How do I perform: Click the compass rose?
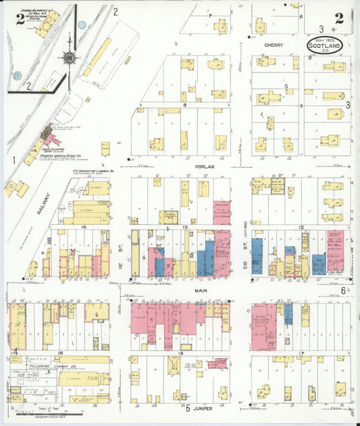coord(70,57)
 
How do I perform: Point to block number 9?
coord(301,106)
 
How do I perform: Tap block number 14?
coord(84,228)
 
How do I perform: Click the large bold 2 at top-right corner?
coord(338,19)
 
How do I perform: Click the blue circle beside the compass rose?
coord(82,25)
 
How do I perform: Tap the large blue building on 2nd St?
coord(257,255)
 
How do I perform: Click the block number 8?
coord(183,105)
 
